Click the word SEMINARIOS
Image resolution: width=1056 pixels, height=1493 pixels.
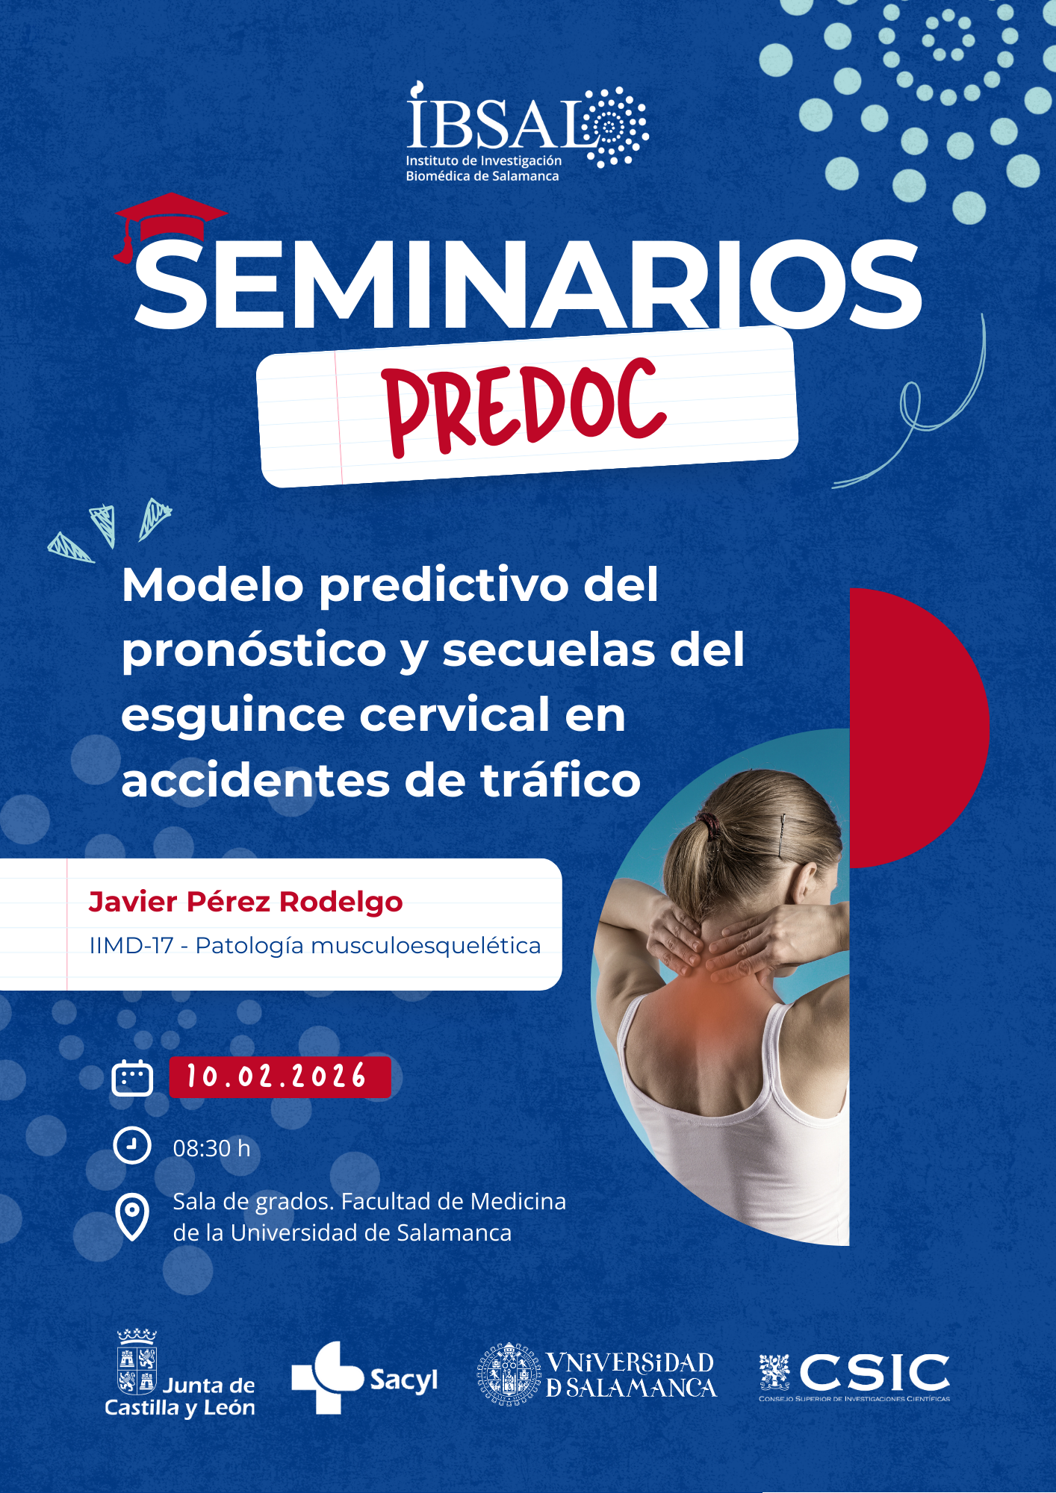(x=527, y=284)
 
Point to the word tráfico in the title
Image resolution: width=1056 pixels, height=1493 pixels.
(x=560, y=780)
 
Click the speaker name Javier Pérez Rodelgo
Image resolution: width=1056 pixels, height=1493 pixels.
(x=246, y=902)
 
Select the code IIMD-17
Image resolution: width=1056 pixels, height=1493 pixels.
(x=131, y=946)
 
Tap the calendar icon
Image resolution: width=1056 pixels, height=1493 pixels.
(x=132, y=1078)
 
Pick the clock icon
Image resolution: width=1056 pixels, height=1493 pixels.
(x=132, y=1145)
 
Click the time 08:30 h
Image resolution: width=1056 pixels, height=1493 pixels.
(x=212, y=1148)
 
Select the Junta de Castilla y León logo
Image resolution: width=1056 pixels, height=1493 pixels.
(x=180, y=1373)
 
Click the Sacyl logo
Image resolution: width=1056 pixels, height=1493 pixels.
(x=364, y=1377)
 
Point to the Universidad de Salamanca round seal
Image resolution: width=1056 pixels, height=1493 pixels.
(x=509, y=1374)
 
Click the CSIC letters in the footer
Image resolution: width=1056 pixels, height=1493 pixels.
(x=875, y=1372)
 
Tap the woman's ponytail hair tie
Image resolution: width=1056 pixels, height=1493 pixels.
(x=710, y=826)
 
